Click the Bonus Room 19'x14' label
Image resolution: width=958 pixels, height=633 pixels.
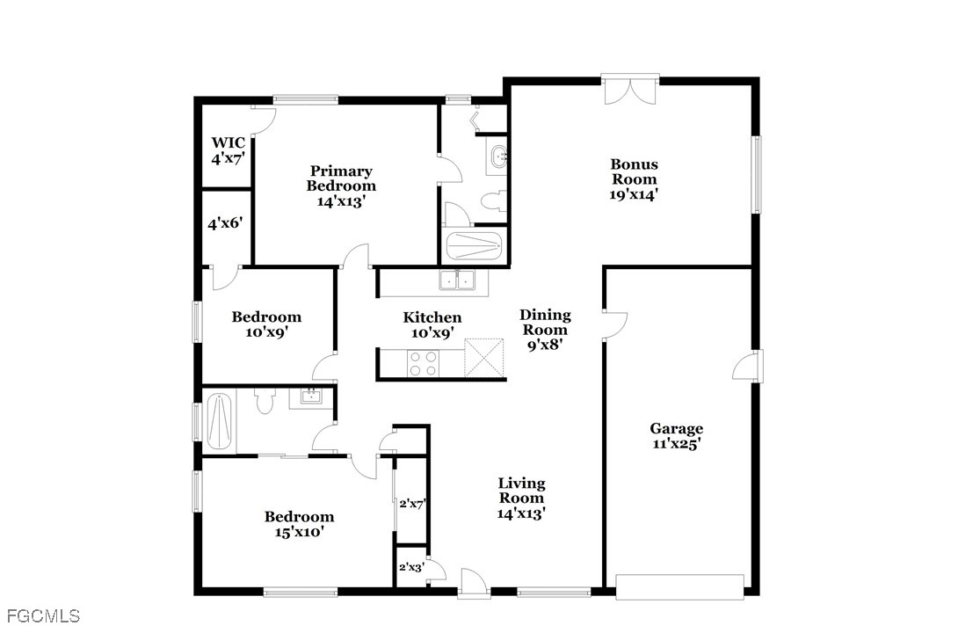pos(635,179)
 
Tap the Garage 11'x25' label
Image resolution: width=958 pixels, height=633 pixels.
pos(676,436)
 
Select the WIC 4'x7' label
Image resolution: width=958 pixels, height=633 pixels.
pos(228,151)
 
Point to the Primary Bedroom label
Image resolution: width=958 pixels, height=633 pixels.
pos(341,178)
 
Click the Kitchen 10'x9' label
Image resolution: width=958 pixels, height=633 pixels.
pos(432,325)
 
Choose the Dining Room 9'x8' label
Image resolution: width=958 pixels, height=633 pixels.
pos(545,330)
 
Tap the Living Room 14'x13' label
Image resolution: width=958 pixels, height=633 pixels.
pos(521,498)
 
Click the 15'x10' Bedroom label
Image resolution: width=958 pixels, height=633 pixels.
pos(300,524)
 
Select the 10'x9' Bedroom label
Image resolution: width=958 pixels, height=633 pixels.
pos(266,324)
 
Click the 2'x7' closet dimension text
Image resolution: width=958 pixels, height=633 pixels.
pos(412,504)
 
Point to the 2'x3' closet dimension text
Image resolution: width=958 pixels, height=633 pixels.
pos(411,567)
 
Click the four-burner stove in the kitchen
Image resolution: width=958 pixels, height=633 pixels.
pos(424,363)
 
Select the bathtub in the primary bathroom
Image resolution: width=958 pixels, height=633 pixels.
pos(474,246)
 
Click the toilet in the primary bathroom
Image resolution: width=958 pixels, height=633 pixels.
pos(493,200)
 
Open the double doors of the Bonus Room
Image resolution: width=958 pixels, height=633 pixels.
pos(630,89)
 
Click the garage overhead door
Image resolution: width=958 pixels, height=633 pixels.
pos(680,586)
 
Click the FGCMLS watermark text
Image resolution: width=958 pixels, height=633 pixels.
pos(40,615)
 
